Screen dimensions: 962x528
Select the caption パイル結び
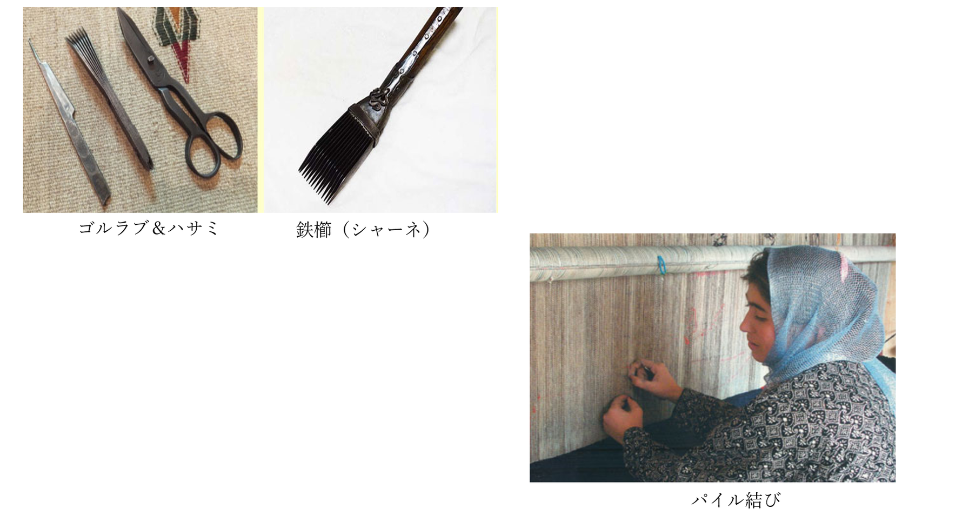[736, 500]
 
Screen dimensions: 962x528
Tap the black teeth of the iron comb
[331, 157]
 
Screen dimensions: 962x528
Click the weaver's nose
[744, 325]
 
